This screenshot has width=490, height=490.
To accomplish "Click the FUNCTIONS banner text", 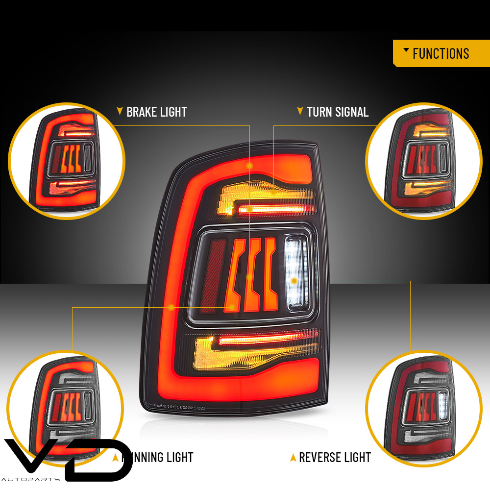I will (x=441, y=53).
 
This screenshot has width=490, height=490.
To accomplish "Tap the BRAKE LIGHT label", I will (x=156, y=112).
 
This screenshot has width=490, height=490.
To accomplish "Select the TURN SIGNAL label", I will (x=338, y=112).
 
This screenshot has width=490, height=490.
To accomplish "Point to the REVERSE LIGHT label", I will (x=335, y=458).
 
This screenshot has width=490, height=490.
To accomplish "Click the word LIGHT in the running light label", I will (x=174, y=458).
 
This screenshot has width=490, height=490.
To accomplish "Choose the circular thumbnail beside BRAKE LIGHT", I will (x=67, y=161).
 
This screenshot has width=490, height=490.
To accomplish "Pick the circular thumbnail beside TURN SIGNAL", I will (x=423, y=161).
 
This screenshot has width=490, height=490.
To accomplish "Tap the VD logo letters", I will (x=73, y=458).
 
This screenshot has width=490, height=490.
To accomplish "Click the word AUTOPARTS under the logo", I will (x=30, y=479).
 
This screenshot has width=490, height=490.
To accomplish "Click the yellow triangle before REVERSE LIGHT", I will (x=293, y=458).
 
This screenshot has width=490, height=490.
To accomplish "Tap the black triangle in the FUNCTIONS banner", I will (x=406, y=50).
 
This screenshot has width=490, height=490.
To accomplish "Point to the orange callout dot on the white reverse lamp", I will (x=294, y=281).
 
